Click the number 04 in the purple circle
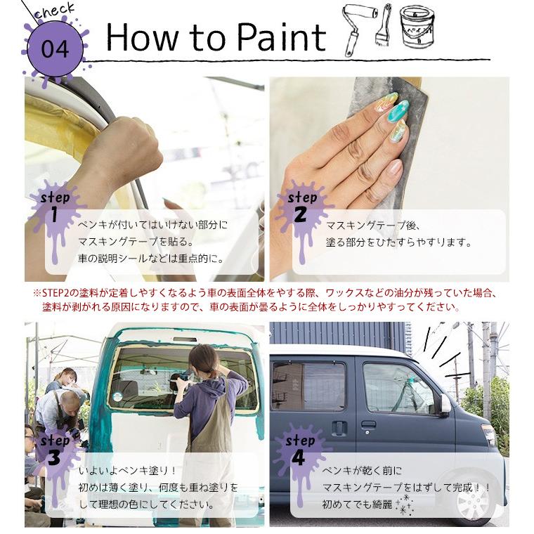55,49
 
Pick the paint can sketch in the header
417,26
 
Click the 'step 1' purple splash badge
54,208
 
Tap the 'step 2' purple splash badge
301,208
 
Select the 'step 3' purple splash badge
54,450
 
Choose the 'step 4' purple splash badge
300,450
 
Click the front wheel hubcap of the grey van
472,498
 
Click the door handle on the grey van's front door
368,424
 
